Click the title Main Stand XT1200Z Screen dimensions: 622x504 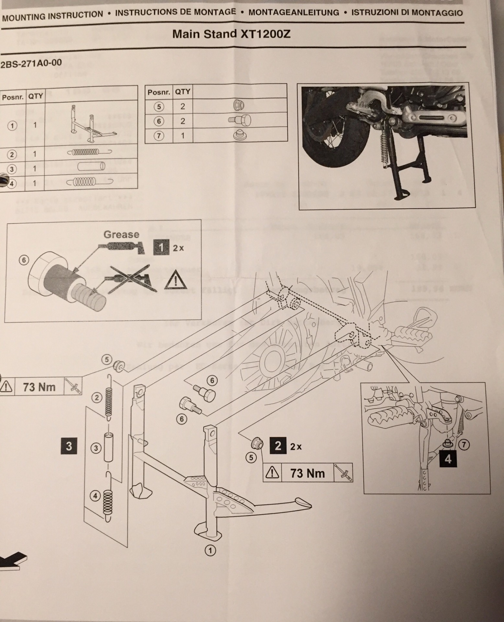coord(231,34)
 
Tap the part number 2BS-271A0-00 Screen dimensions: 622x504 coord(31,63)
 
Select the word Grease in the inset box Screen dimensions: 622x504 coord(121,234)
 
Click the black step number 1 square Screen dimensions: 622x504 coord(162,248)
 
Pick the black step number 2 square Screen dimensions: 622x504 coord(278,446)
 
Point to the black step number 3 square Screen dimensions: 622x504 coord(69,446)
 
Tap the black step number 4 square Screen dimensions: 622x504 coord(448,459)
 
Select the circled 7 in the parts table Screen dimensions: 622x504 coord(159,136)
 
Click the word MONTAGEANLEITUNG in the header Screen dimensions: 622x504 coord(293,13)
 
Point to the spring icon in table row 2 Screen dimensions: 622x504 coord(89,152)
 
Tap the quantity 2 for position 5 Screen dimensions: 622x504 coord(183,106)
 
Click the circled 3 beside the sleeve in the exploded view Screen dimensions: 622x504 coord(96,448)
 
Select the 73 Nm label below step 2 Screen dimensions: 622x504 coord(307,473)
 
